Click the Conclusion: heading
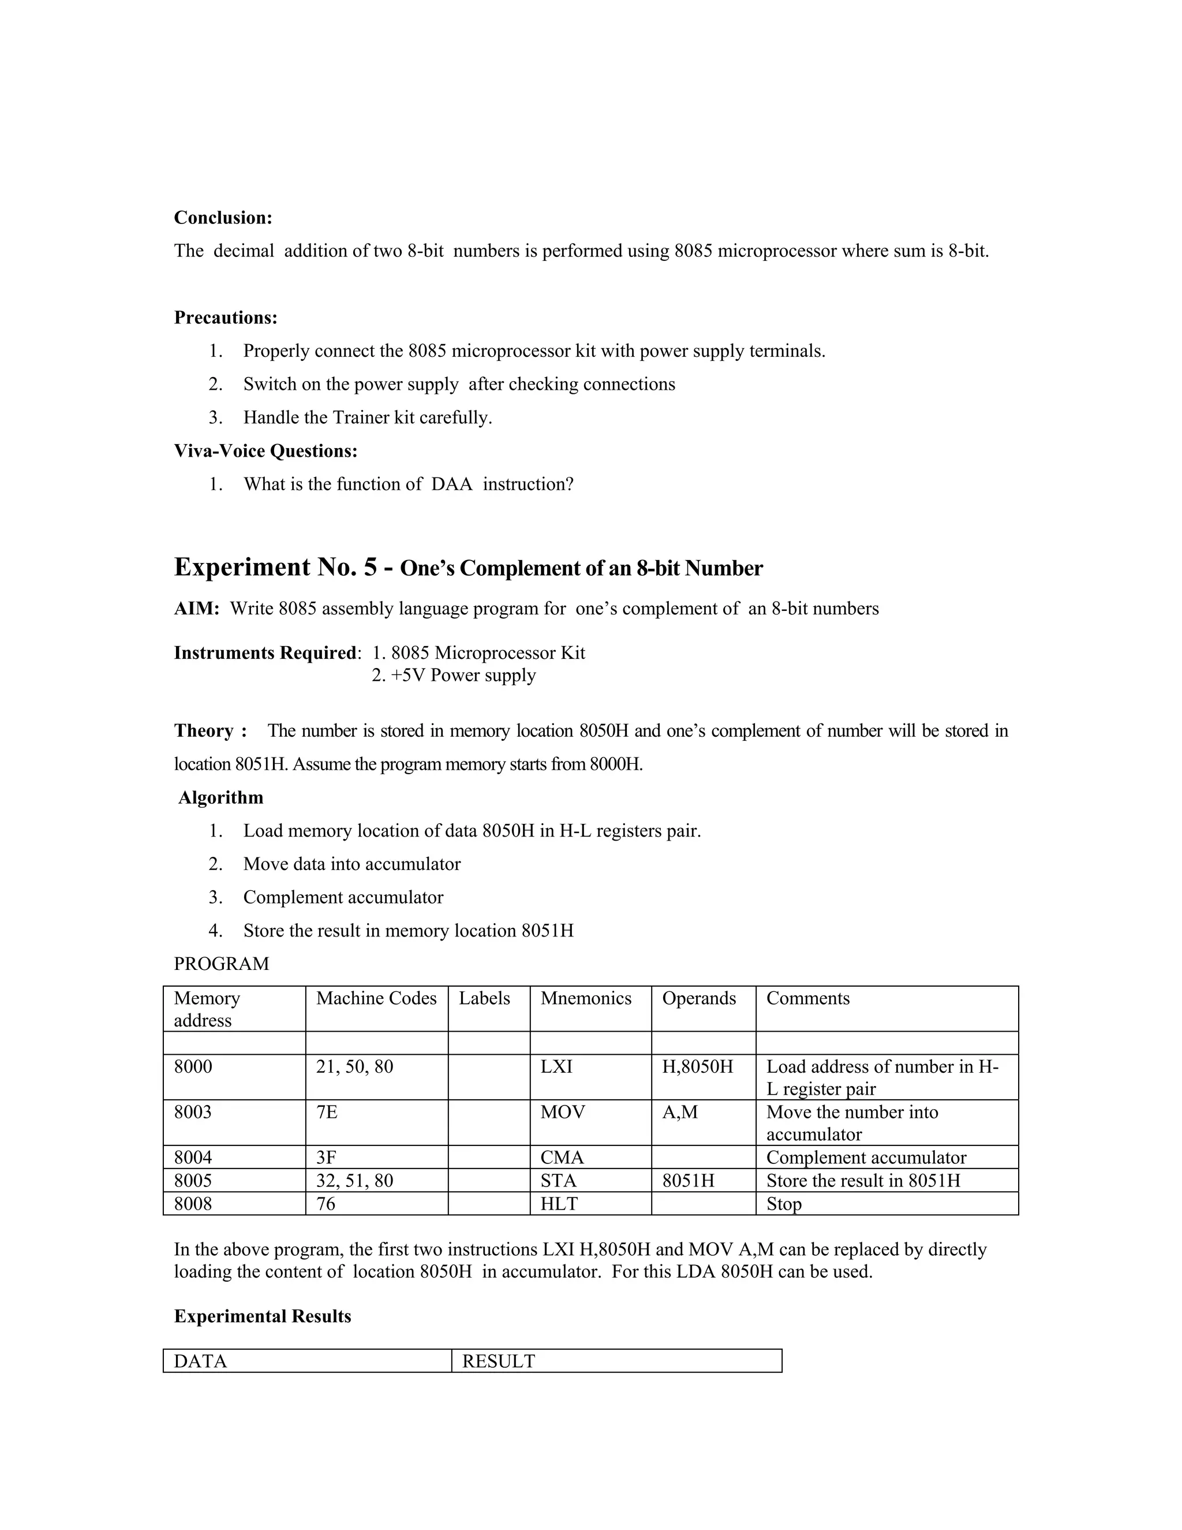[x=223, y=218]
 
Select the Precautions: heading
[x=226, y=318]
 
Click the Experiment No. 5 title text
[x=467, y=568]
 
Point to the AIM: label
[x=197, y=609]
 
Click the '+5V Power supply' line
[x=454, y=676]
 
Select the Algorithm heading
[x=220, y=798]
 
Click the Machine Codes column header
[x=376, y=998]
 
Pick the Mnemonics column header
[x=585, y=998]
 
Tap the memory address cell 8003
[x=193, y=1113]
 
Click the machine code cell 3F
[x=326, y=1158]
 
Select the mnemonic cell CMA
[x=562, y=1158]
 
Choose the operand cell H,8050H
[x=697, y=1067]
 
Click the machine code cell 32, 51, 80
[x=354, y=1181]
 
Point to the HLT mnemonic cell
[x=559, y=1204]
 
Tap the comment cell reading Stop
[x=784, y=1204]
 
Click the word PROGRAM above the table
[x=221, y=964]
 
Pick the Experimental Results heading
[x=263, y=1316]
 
